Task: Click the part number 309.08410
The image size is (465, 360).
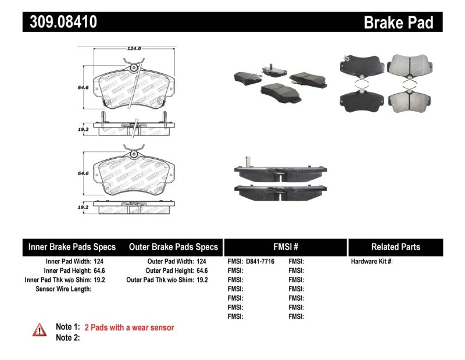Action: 60,22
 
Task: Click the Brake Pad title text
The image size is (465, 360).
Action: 398,23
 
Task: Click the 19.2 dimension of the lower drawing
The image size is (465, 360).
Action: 83,206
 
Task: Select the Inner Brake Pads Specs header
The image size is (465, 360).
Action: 72,247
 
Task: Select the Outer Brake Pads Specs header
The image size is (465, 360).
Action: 173,247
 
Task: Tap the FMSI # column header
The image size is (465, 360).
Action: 285,247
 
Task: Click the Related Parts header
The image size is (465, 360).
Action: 395,247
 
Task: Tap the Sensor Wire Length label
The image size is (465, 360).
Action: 63,289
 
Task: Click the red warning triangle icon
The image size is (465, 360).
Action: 39,330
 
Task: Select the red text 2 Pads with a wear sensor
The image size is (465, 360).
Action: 129,327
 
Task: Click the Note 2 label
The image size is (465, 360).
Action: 67,337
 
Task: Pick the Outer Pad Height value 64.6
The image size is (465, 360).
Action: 201,270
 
